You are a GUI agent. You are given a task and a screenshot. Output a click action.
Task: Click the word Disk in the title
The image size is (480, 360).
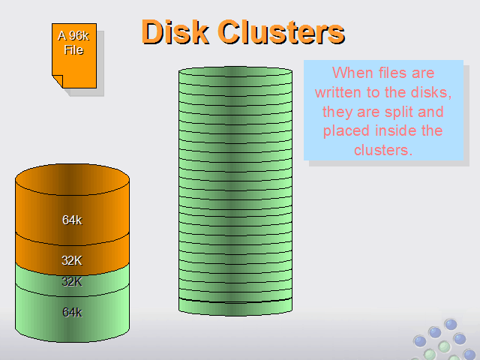click(175, 32)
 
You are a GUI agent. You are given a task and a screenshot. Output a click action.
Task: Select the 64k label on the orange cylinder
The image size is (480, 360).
click(72, 220)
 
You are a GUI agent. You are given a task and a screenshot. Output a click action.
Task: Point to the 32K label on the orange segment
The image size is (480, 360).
click(72, 260)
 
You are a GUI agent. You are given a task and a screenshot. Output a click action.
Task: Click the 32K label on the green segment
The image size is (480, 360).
click(72, 282)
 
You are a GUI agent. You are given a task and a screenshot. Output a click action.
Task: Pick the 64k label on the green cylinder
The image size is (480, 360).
click(72, 312)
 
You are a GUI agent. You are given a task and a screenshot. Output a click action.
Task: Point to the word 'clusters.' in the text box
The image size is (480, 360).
click(383, 150)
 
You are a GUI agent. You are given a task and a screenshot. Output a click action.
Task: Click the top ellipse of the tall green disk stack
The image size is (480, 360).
click(235, 72)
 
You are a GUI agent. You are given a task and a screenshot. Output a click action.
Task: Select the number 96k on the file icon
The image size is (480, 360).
click(79, 36)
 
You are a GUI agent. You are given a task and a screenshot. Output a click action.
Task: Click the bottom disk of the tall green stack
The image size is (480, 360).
click(235, 306)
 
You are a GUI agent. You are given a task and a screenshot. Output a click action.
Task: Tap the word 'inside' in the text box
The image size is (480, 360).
click(395, 131)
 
